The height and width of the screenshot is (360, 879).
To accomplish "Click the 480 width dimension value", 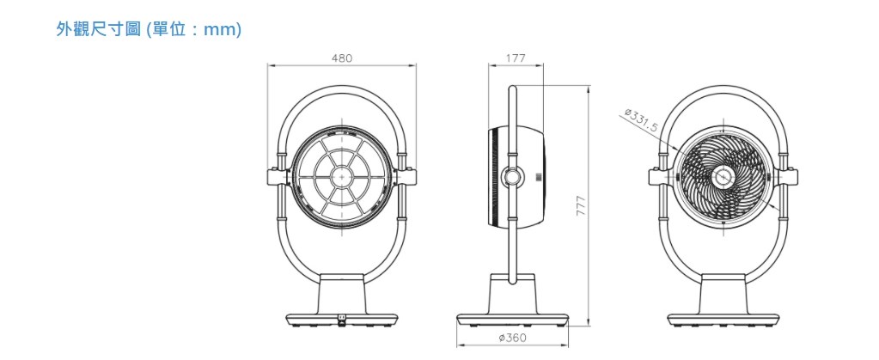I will click(341, 58).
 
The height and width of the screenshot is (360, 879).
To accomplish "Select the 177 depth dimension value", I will click(516, 58).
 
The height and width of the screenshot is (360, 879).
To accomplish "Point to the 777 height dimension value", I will click(582, 206).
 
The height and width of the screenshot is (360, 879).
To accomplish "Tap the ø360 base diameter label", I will click(512, 338).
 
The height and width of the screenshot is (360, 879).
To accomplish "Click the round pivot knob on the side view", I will click(512, 177).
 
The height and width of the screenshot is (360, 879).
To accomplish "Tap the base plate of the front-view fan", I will click(342, 320).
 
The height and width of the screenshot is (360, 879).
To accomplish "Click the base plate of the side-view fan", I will click(512, 320).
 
